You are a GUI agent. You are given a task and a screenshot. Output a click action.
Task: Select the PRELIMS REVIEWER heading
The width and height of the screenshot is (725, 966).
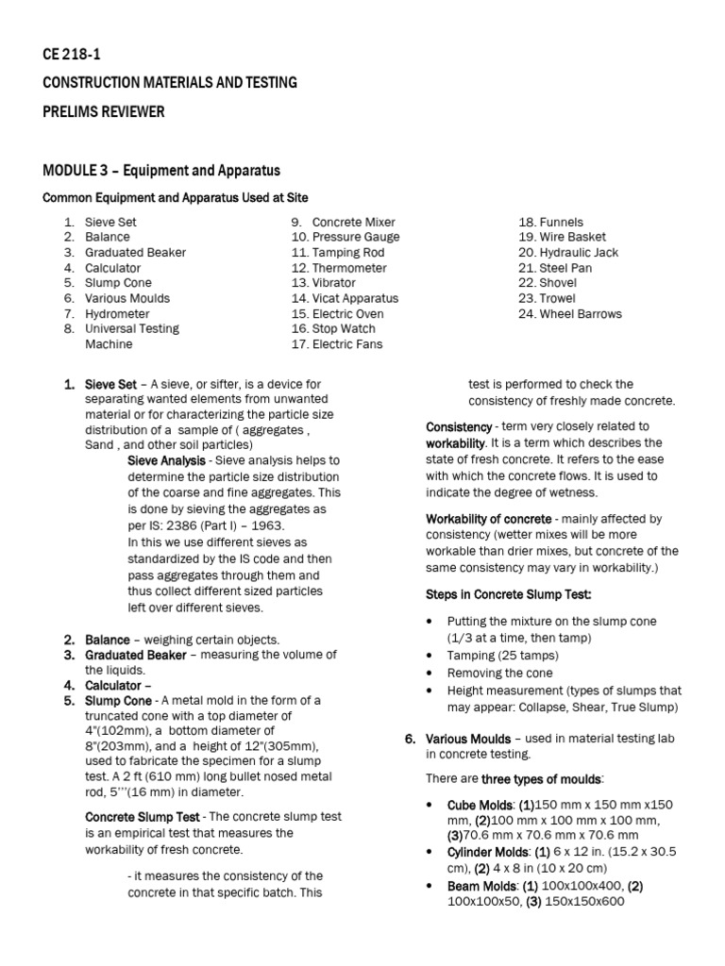(x=104, y=112)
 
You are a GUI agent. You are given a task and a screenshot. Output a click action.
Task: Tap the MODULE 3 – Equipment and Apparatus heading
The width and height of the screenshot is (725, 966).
(x=161, y=171)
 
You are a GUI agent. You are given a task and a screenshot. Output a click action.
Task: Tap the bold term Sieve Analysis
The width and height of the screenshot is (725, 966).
(x=166, y=460)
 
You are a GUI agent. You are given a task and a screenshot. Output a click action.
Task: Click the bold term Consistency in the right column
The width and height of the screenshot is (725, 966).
(x=459, y=427)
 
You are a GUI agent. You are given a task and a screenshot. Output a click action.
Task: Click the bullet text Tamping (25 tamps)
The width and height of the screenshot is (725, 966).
(x=503, y=656)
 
